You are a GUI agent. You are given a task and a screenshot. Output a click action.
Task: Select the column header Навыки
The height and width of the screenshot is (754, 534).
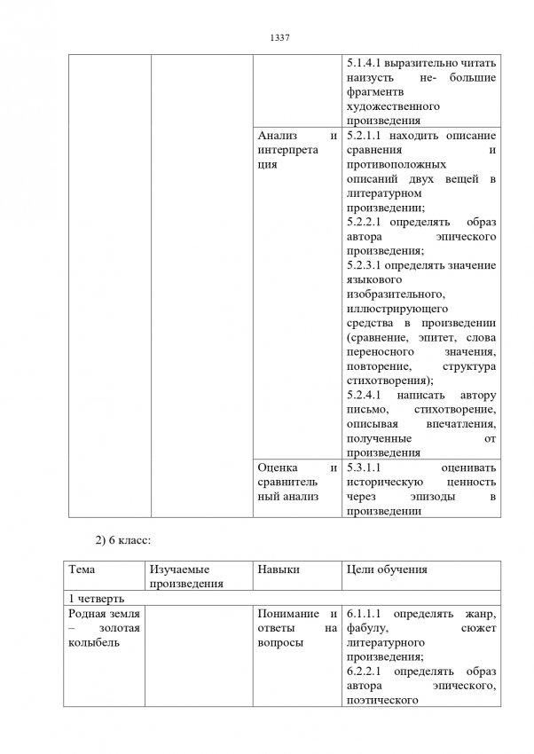[x=277, y=569]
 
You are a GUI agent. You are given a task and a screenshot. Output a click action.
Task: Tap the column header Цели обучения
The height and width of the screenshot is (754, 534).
[x=387, y=569]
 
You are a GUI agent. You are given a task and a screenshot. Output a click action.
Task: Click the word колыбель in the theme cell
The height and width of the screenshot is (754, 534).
[x=96, y=642]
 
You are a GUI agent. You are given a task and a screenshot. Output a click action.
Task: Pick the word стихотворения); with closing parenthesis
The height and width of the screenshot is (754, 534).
[x=385, y=380]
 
